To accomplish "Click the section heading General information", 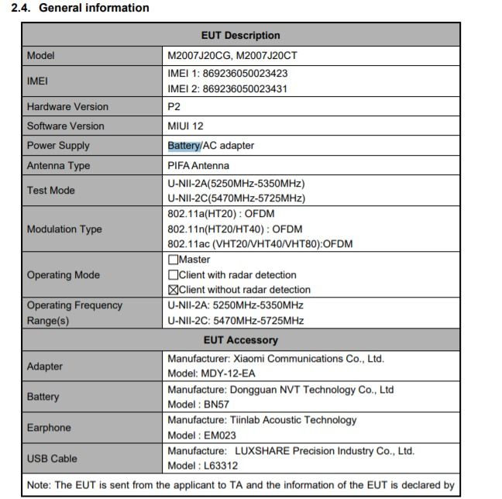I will (80, 8).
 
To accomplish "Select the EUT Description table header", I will (240, 35).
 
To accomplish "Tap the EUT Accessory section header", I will (240, 339).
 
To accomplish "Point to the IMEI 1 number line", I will (228, 74).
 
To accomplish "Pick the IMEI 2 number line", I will (228, 88).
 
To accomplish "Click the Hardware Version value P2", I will (174, 106).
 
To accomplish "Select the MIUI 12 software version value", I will (186, 126).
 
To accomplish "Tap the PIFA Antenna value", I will (198, 165).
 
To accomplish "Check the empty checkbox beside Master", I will (173, 260).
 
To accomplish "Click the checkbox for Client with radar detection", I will (173, 274).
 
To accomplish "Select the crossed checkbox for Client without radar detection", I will (173, 290).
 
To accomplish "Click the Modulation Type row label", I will (64, 229).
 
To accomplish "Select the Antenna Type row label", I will (58, 165).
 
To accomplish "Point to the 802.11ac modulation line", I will (260, 244).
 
